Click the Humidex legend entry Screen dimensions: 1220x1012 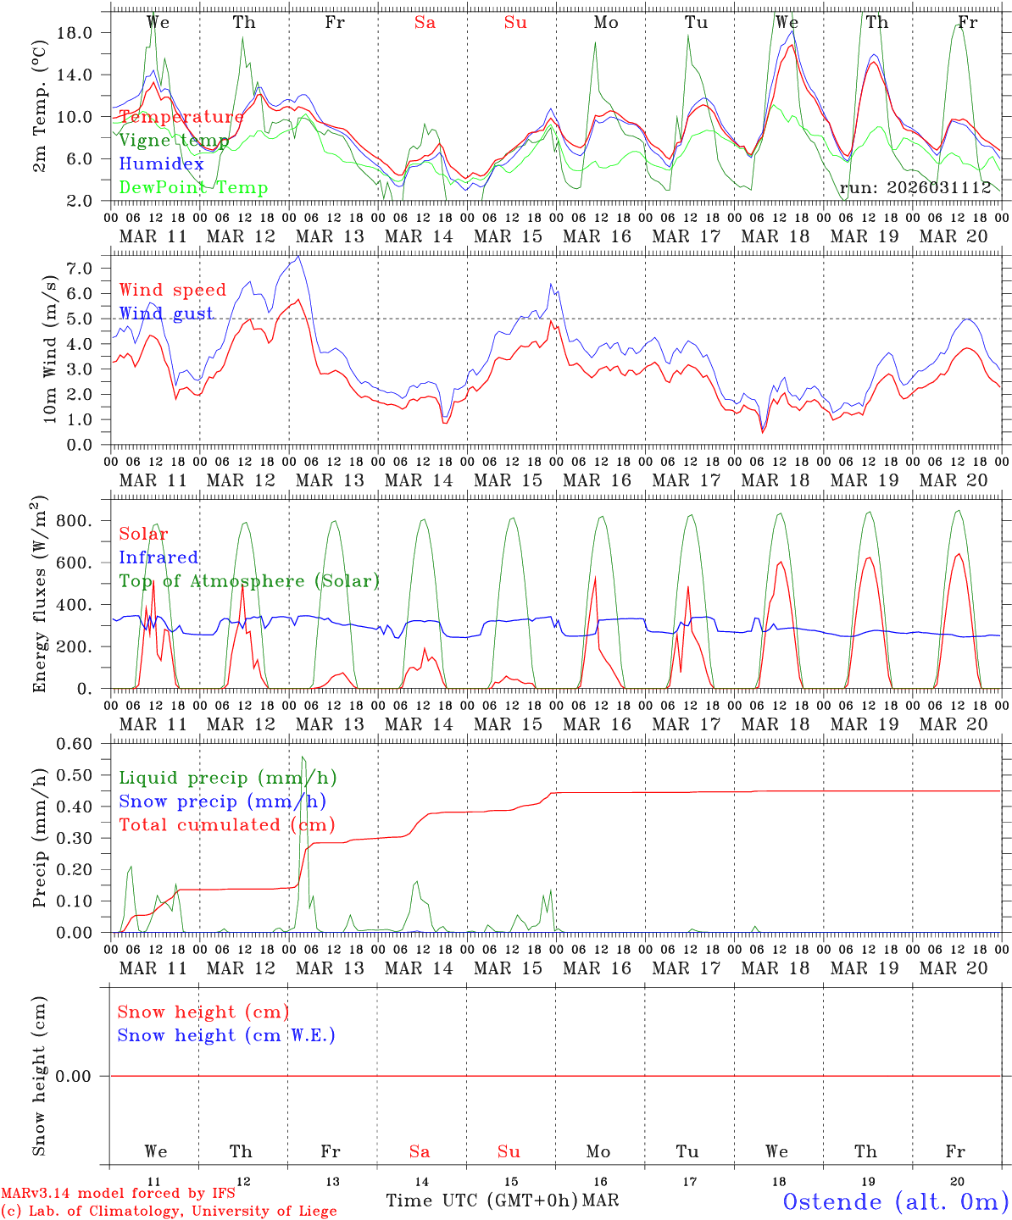[161, 164]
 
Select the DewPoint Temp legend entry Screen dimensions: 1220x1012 [193, 188]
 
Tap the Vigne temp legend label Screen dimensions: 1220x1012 [174, 141]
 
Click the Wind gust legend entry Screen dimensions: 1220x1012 [166, 313]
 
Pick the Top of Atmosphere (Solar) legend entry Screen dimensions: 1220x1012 [248, 581]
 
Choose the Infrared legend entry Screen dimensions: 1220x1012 [158, 557]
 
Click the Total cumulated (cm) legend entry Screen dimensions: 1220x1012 [226, 825]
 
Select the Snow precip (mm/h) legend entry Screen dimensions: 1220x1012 [222, 801]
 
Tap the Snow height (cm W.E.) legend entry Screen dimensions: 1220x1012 [225, 1035]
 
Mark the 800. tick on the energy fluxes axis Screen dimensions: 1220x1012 [74, 521]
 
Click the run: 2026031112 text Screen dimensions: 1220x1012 [915, 188]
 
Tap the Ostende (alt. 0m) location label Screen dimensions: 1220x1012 [895, 1201]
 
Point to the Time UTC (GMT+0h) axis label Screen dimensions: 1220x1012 [481, 1201]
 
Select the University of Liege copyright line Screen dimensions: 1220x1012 [169, 1212]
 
